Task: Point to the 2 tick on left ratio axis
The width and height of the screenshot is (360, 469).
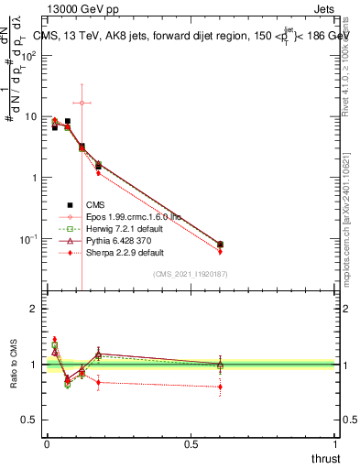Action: tap(31, 309)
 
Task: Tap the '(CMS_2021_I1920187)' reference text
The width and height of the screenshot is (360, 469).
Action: tap(190, 274)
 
